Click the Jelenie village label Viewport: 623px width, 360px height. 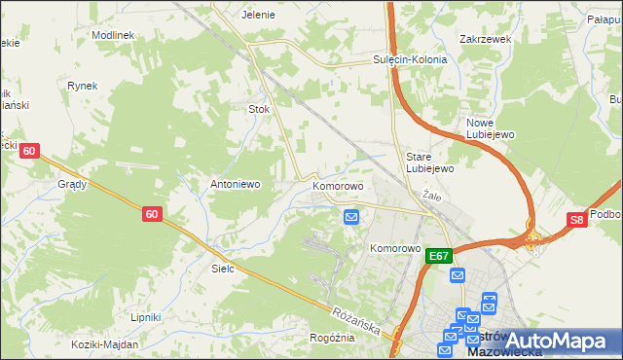click(258, 16)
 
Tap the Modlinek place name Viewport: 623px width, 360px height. click(113, 34)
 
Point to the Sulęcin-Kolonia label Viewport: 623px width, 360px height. click(409, 59)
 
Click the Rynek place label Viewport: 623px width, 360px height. click(83, 86)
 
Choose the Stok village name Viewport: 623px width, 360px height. click(259, 110)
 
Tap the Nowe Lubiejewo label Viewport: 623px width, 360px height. click(489, 128)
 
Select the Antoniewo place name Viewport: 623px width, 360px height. click(234, 183)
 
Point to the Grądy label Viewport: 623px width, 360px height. click(72, 184)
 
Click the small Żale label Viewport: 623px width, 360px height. click(433, 196)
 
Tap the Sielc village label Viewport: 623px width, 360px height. click(223, 268)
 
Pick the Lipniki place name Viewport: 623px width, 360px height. click(146, 317)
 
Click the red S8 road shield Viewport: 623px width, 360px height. click(578, 221)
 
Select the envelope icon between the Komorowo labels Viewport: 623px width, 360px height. click(351, 218)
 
